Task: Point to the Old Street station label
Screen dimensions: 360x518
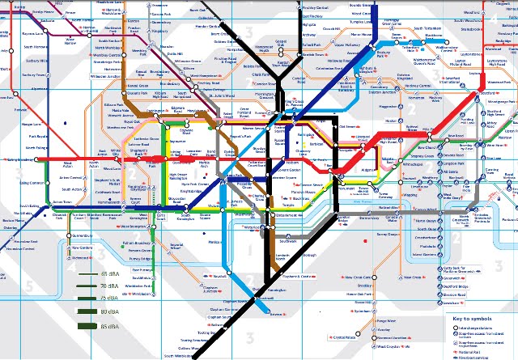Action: coord(348,127)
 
